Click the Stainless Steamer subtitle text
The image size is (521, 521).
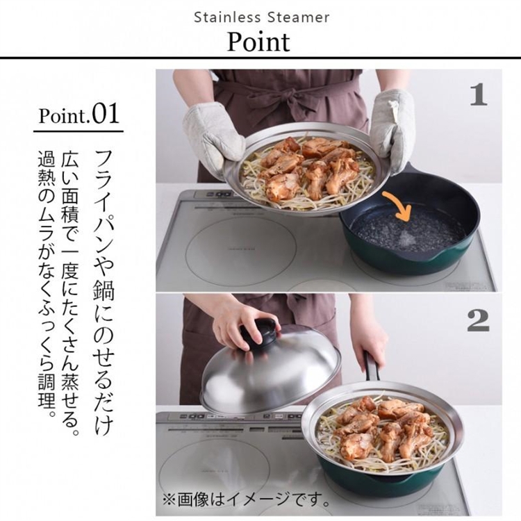point(261,16)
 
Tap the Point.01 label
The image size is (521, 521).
point(78,114)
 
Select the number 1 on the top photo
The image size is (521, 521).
point(478,94)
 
